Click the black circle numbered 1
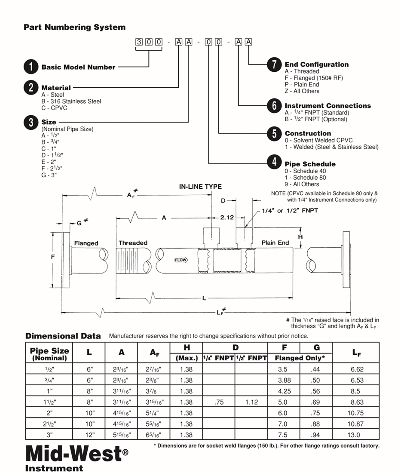point(31,67)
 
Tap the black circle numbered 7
point(274,64)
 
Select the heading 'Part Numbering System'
point(74,27)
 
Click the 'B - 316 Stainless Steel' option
point(71,101)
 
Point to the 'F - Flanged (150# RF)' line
point(314,78)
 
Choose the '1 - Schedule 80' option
point(305,178)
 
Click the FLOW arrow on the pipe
point(181,260)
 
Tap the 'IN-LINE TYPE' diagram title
point(200,187)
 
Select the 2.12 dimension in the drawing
point(227,218)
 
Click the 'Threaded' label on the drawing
point(133,243)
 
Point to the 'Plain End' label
point(275,243)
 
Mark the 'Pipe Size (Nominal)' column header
point(49,354)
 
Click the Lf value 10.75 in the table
point(355,413)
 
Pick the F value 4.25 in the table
point(285,391)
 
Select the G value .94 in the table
point(315,435)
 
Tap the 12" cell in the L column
point(90,435)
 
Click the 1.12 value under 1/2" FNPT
point(251,402)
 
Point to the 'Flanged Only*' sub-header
point(300,358)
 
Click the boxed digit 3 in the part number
point(139,42)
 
